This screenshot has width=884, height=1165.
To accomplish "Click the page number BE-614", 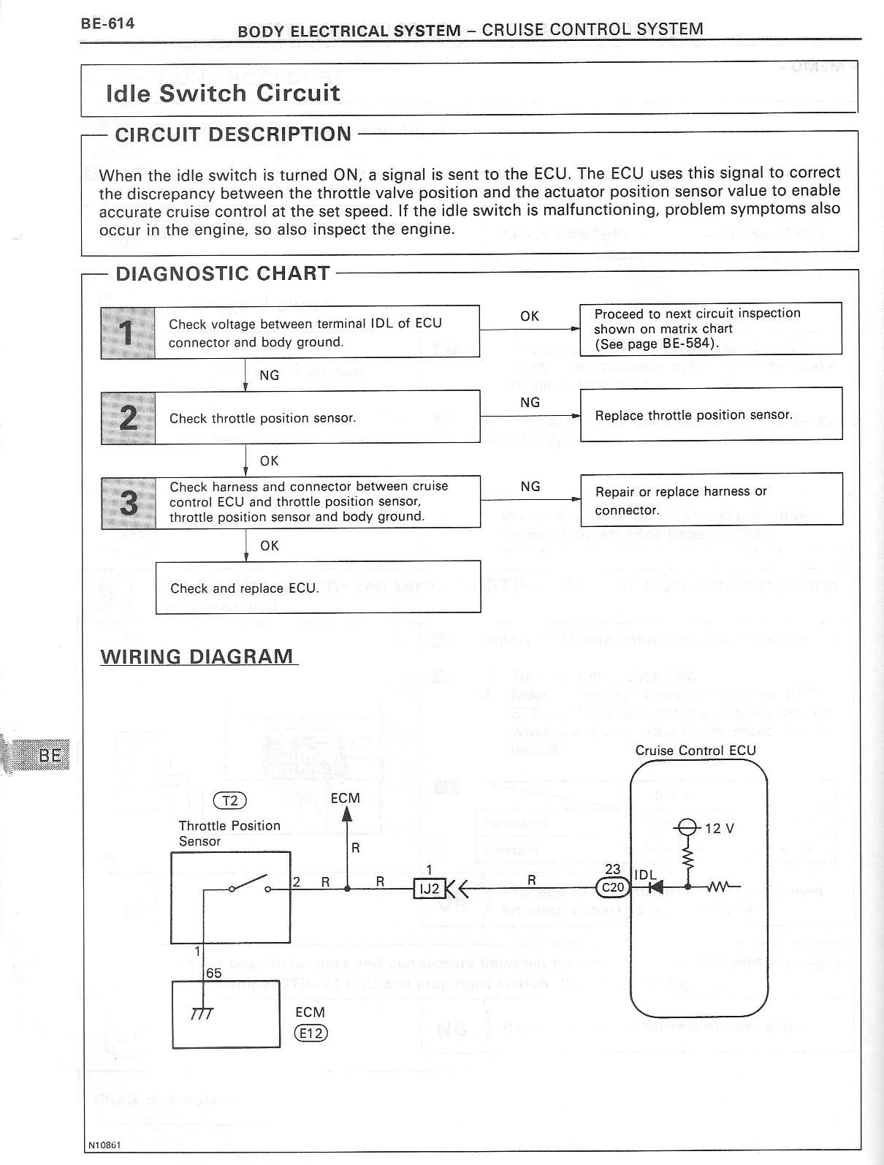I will click(x=107, y=23).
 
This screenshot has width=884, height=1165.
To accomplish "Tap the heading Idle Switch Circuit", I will click(x=223, y=93).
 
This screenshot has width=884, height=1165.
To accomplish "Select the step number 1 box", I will click(x=128, y=333).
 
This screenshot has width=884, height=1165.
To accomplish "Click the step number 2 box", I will click(x=128, y=418).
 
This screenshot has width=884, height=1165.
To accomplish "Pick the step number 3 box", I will click(x=129, y=502).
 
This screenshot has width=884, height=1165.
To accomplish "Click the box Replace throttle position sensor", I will click(x=711, y=414).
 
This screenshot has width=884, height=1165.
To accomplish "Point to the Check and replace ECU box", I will click(x=318, y=588).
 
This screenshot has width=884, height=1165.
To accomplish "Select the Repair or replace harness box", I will click(x=711, y=500).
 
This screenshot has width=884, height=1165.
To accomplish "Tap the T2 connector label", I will click(x=229, y=800).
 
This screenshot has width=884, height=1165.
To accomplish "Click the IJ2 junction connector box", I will click(x=430, y=889).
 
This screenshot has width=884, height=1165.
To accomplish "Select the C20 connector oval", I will click(x=611, y=888).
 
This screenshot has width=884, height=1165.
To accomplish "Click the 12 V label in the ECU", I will click(x=720, y=828).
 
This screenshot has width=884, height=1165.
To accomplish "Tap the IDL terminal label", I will click(x=645, y=875).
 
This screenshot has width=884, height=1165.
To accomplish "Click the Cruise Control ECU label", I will click(x=695, y=751).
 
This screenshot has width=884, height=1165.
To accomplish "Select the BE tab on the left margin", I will click(x=50, y=755).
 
